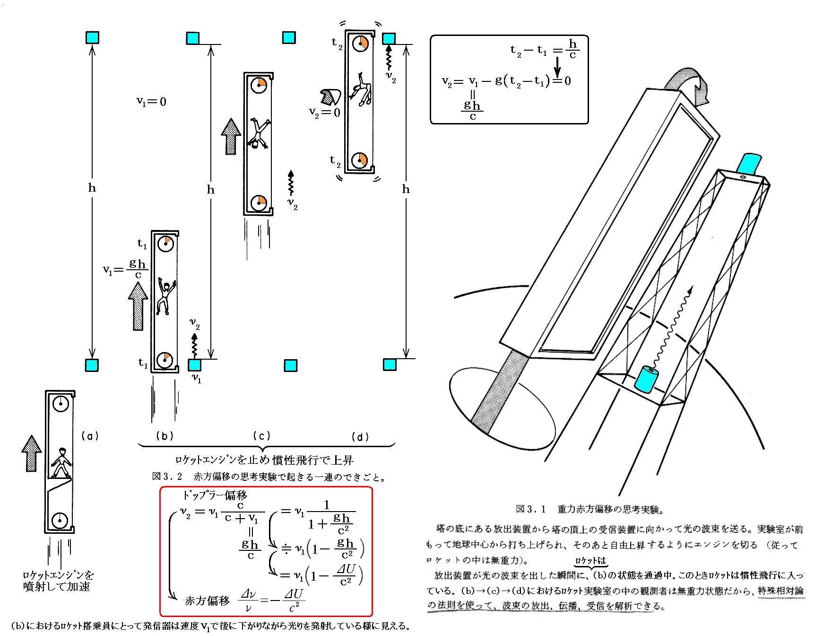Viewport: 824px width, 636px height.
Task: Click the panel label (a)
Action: point(90,436)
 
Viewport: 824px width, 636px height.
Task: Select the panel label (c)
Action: point(261,436)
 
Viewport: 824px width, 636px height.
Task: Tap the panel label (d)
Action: point(360,437)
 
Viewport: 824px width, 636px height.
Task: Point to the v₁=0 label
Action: point(151,101)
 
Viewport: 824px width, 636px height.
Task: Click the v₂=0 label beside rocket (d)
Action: point(324,113)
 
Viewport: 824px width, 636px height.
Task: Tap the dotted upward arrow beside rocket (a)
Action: point(32,453)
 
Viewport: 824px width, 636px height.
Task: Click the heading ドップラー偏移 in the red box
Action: point(215,495)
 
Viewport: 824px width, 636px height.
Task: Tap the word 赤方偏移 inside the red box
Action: point(207,601)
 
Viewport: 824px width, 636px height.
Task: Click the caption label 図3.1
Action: point(530,509)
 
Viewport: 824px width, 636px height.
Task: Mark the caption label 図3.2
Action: point(167,477)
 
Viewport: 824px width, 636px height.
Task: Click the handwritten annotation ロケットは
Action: point(590,560)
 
